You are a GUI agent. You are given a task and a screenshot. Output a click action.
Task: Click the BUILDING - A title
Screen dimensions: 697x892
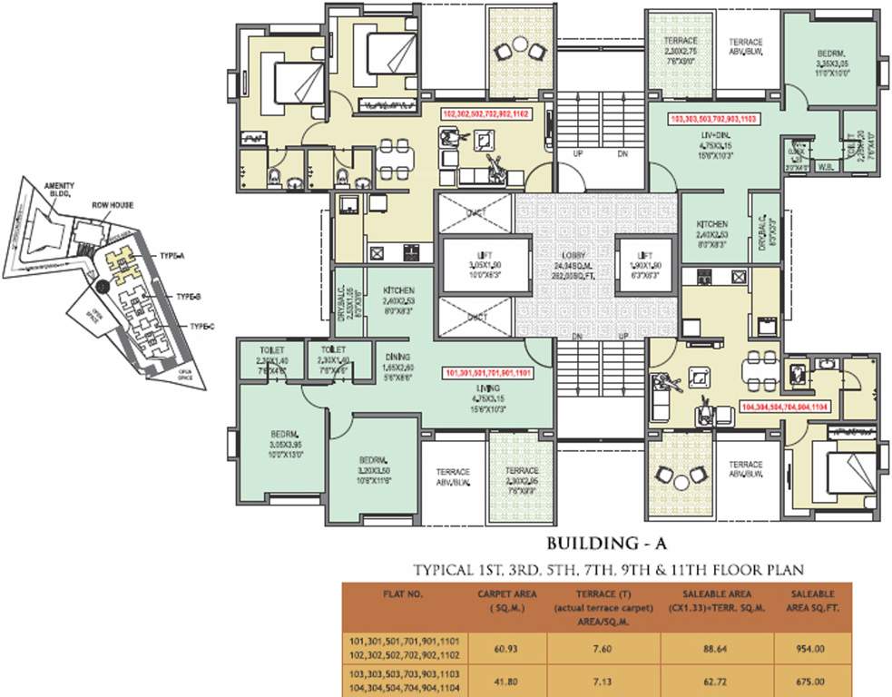(606, 545)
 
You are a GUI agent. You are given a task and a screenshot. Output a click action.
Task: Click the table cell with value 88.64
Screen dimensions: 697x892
(719, 647)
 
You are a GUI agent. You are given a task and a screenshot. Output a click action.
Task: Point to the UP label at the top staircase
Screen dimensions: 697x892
(577, 154)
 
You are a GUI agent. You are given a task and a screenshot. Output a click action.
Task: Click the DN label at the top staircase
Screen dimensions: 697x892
(622, 154)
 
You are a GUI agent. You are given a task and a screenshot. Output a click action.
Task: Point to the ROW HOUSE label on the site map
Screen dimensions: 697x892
(113, 205)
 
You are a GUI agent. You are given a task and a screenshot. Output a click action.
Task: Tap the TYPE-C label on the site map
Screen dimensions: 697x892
(201, 326)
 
